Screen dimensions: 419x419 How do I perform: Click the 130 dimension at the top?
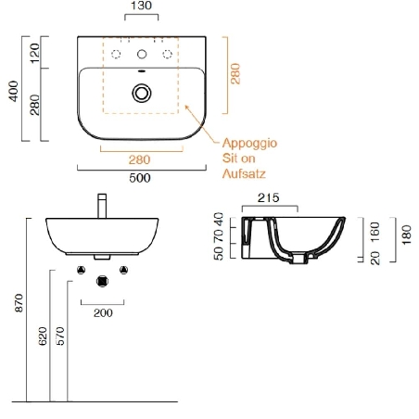[x=141, y=6]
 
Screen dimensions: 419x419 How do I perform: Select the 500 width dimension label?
[x=140, y=178]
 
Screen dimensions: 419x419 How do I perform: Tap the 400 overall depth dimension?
[x=14, y=91]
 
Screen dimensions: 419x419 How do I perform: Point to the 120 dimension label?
[x=34, y=53]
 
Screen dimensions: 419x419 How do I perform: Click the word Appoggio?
[x=249, y=144]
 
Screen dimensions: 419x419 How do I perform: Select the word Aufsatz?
[x=244, y=173]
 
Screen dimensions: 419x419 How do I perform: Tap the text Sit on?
[x=239, y=159]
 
